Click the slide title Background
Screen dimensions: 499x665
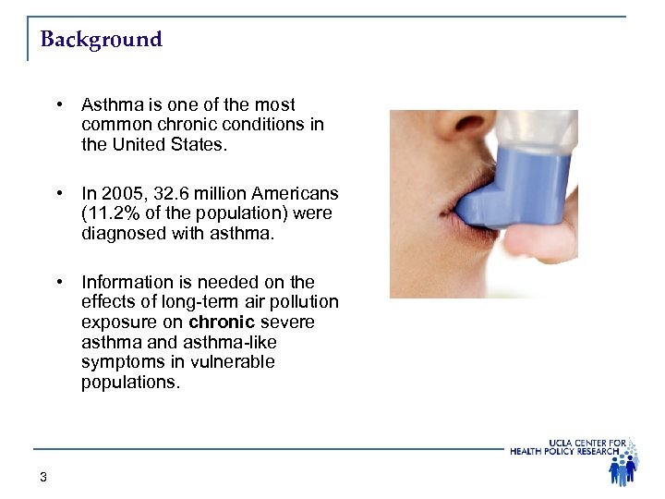pyautogui.click(x=102, y=40)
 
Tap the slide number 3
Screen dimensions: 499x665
pyautogui.click(x=43, y=477)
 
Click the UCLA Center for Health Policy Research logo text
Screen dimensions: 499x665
pyautogui.click(x=568, y=446)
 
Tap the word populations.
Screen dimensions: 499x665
pyautogui.click(x=130, y=383)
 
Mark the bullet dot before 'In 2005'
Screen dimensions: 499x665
pyautogui.click(x=58, y=194)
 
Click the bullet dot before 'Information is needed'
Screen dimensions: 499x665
pyautogui.click(x=58, y=282)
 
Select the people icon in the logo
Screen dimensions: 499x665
pyautogui.click(x=623, y=467)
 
